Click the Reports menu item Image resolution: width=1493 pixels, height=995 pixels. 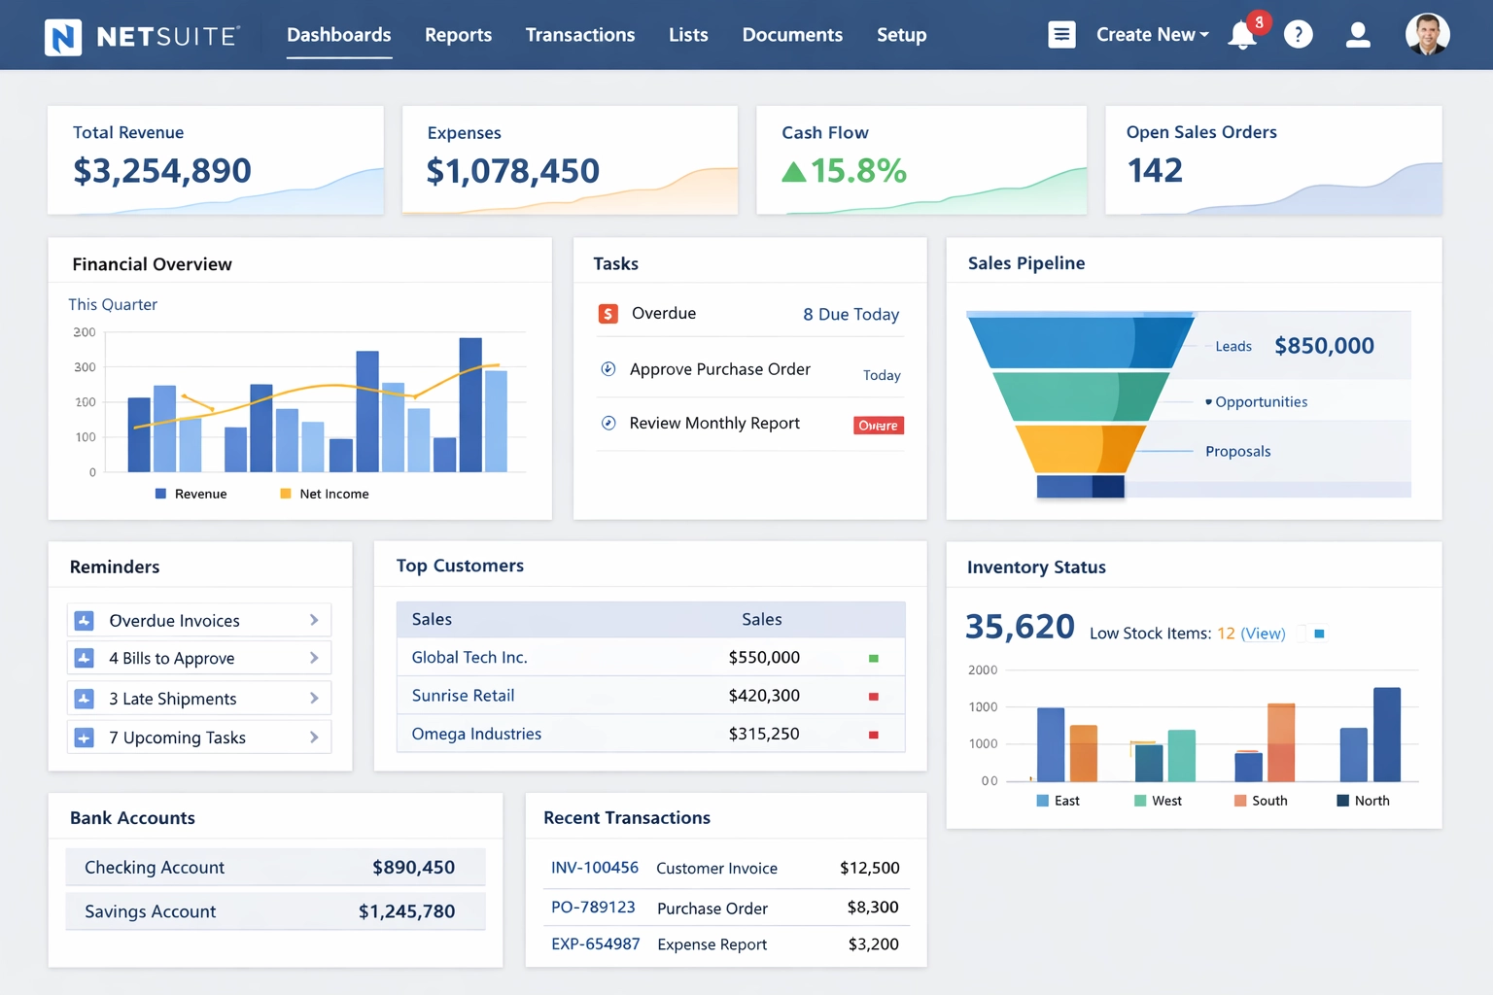point(458,35)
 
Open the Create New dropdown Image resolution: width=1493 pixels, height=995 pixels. point(1152,35)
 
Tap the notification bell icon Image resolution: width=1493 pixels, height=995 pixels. point(1242,35)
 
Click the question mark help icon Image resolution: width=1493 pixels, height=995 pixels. point(1298,35)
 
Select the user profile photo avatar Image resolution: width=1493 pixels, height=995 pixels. point(1427,34)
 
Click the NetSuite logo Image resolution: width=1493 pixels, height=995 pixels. point(142,37)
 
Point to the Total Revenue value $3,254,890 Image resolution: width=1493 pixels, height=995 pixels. point(162,171)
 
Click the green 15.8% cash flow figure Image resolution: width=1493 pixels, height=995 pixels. point(857,171)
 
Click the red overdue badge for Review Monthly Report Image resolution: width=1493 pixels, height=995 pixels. point(878,426)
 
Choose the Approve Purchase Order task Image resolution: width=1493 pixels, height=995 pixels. point(719,369)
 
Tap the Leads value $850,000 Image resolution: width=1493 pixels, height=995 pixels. point(1324,346)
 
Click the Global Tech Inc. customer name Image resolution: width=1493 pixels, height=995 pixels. point(469,658)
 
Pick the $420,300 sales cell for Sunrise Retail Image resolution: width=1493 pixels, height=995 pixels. point(764,696)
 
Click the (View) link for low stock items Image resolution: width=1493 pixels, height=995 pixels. point(1263,634)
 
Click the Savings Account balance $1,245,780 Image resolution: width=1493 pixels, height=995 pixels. point(406,911)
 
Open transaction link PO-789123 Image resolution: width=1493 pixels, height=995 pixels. point(593,907)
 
